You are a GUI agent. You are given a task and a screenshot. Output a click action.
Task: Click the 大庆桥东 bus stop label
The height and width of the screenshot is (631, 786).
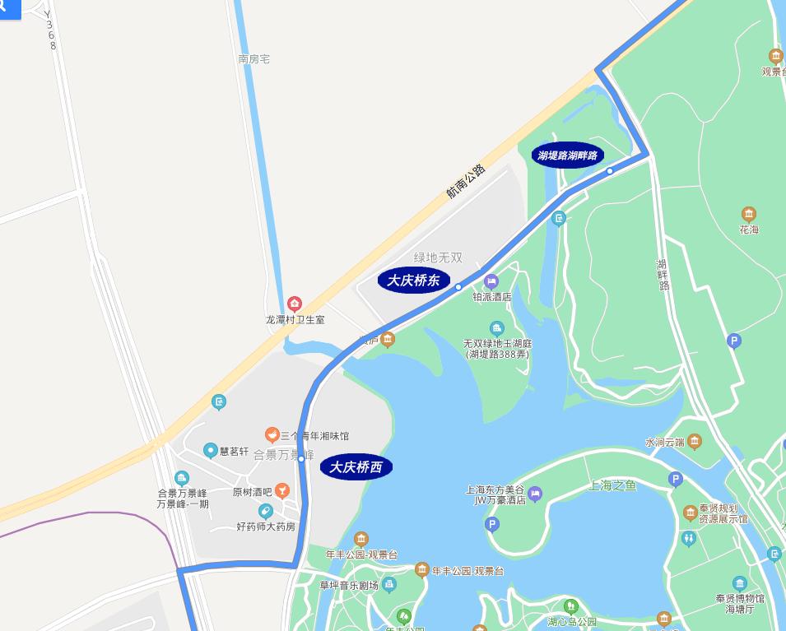tap(414, 281)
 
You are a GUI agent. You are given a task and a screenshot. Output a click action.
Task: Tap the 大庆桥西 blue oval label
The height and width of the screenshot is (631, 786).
tap(356, 467)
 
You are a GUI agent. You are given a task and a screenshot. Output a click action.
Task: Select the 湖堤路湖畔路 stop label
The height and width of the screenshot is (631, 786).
tap(568, 155)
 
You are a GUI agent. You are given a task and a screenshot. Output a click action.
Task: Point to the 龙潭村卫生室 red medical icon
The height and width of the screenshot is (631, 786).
tap(294, 304)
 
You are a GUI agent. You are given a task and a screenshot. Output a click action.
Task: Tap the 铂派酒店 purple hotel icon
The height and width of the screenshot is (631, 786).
tap(491, 282)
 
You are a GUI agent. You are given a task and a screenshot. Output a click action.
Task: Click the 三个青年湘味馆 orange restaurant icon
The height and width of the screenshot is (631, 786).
tap(272, 435)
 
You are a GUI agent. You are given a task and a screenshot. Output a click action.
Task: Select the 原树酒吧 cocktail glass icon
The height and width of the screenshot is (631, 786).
tap(282, 491)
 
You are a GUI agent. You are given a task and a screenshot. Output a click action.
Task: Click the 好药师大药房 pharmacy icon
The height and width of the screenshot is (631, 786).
tap(265, 512)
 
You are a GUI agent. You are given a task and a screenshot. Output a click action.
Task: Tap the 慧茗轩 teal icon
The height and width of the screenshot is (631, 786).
tap(211, 450)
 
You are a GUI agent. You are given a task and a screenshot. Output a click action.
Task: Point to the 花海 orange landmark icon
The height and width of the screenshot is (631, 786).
tap(748, 215)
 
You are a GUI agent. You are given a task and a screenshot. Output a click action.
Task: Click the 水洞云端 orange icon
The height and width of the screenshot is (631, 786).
tap(694, 442)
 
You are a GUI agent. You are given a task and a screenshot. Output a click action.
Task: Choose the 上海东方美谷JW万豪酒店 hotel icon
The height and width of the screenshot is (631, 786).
tap(535, 494)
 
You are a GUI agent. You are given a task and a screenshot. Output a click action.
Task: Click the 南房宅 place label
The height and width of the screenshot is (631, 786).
tap(253, 59)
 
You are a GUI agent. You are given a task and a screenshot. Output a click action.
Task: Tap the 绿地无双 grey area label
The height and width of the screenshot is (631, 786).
tap(438, 258)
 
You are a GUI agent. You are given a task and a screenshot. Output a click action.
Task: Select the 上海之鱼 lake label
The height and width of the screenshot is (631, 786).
tap(613, 486)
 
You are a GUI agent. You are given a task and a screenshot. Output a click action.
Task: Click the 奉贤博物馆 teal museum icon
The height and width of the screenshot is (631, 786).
tap(739, 584)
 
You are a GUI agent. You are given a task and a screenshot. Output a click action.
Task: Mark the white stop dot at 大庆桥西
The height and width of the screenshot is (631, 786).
tap(301, 459)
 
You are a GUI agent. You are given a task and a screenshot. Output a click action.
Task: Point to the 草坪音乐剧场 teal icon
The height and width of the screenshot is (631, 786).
tap(389, 585)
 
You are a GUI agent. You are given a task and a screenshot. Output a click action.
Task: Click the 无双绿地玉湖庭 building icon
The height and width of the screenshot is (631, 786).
tap(496, 328)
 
